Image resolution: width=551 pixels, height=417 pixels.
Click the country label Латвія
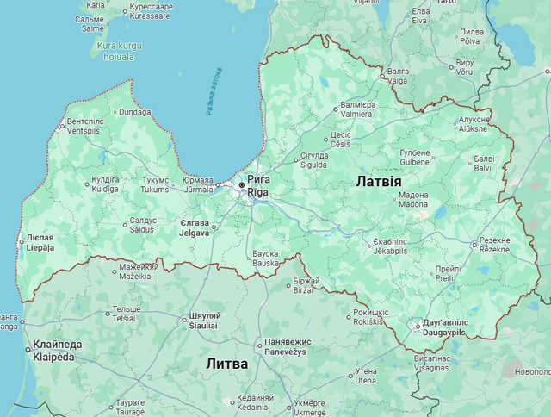(378, 182)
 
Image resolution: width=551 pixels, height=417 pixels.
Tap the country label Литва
(226, 364)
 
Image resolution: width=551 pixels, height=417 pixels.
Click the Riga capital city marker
(242, 185)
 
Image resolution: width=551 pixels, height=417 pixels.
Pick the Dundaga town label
(135, 112)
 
